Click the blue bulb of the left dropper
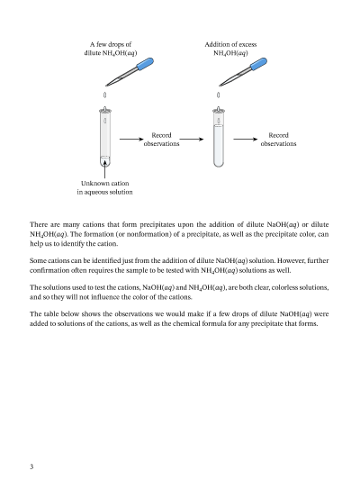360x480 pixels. click(145, 64)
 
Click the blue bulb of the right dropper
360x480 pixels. click(259, 64)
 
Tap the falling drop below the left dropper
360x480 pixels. click(105, 95)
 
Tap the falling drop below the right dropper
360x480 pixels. click(218, 95)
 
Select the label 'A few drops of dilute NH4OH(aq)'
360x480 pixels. click(111, 49)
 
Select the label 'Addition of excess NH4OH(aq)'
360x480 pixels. click(230, 49)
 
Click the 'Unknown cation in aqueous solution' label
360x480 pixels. click(104, 187)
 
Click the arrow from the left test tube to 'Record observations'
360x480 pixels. click(131, 140)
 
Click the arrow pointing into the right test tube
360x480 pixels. click(192, 140)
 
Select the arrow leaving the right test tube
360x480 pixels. click(246, 140)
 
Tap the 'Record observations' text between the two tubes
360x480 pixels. click(161, 140)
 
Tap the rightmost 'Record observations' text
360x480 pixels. click(278, 140)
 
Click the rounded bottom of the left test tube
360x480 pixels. click(105, 161)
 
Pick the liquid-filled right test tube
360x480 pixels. click(219, 137)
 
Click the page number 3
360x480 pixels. click(31, 466)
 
